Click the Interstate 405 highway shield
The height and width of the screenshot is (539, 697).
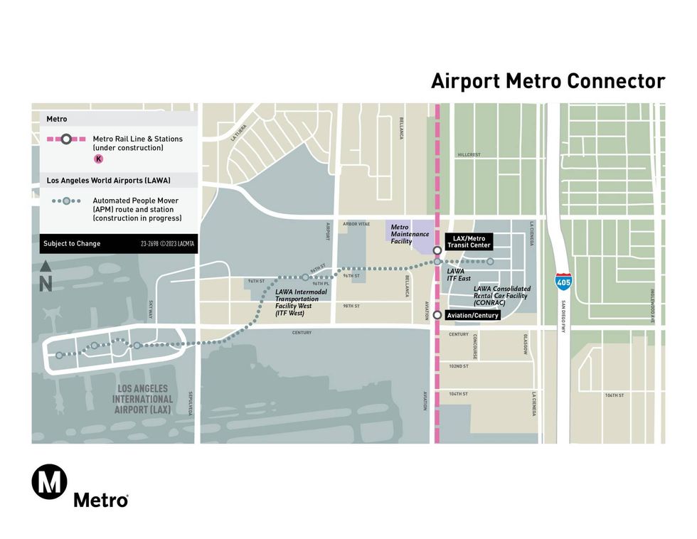(563, 280)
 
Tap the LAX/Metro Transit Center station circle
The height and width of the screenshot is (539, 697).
(437, 250)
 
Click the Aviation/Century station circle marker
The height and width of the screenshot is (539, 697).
(437, 314)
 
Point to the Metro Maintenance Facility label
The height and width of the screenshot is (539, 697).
(410, 234)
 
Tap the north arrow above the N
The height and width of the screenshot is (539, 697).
(46, 267)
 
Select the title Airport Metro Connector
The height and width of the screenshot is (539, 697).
(548, 81)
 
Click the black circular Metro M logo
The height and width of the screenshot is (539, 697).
(49, 482)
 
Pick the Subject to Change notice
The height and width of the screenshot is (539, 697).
(72, 244)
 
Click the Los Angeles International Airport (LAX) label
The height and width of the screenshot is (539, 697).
(142, 399)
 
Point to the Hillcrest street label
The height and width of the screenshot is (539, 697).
(469, 154)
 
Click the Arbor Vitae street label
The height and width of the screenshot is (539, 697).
(356, 224)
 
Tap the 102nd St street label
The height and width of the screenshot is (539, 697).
(459, 366)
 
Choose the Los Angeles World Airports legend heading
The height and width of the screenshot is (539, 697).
(108, 180)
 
